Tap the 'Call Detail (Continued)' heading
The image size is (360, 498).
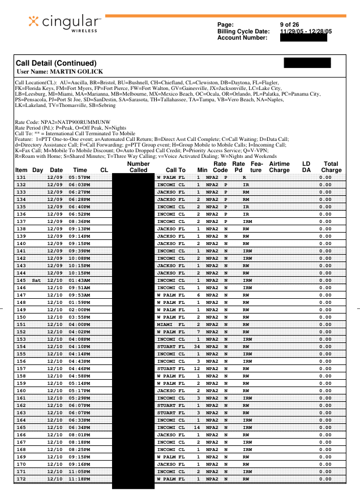[56, 63]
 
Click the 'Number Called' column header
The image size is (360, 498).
[139, 166]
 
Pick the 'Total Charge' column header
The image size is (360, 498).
[331, 166]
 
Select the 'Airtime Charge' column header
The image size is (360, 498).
[279, 166]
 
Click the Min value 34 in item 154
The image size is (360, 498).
[198, 346]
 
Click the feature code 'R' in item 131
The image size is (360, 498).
[243, 178]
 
